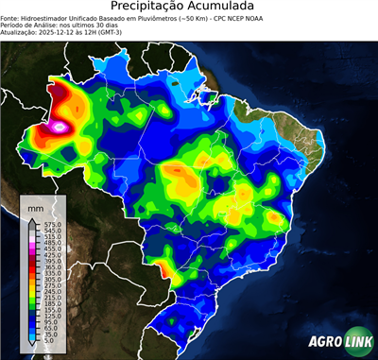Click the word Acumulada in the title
click(224, 8)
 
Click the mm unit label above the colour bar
click(37, 205)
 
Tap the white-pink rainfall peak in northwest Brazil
click(61, 124)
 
